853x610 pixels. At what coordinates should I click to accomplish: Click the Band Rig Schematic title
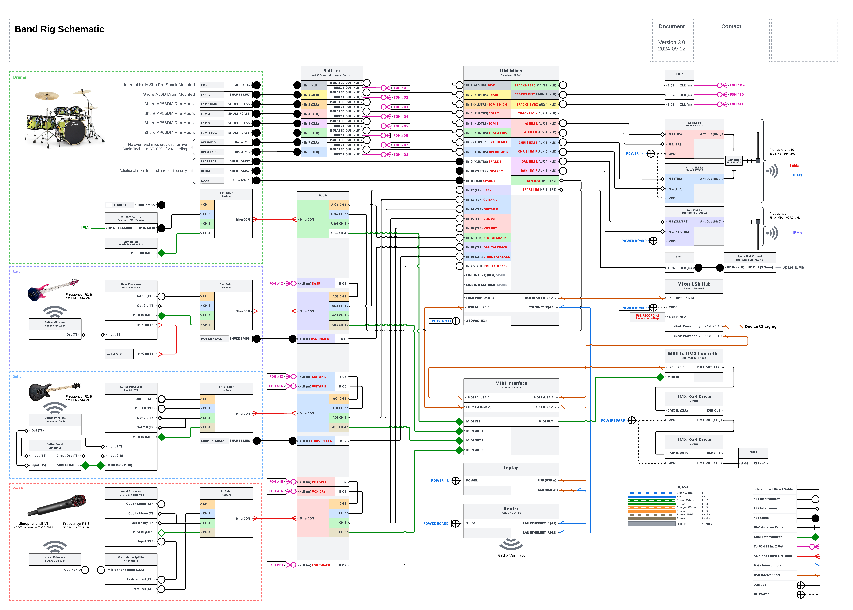point(59,29)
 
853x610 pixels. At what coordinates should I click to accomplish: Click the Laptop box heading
point(511,468)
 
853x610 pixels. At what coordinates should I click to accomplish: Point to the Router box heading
point(511,509)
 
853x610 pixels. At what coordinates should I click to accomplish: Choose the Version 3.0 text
point(672,43)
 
